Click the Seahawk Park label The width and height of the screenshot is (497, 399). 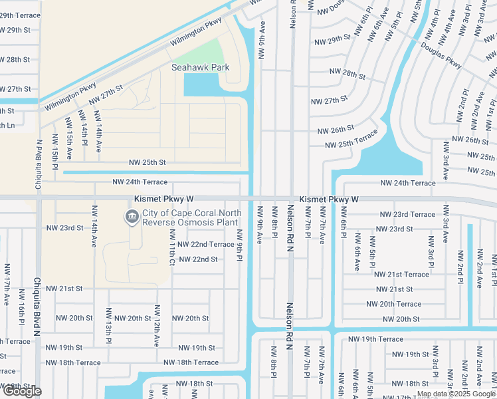[201, 67]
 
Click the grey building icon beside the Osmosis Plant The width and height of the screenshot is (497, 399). [131, 217]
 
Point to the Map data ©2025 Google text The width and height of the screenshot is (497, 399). [455, 394]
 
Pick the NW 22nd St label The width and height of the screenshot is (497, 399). [195, 259]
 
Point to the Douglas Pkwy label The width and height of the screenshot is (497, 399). [441, 55]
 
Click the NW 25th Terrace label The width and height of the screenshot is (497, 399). [351, 140]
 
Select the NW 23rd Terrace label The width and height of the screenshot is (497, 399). [407, 214]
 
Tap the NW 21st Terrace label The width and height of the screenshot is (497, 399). [401, 274]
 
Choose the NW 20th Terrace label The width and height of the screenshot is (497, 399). [393, 304]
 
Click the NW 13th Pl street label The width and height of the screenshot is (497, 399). [108, 325]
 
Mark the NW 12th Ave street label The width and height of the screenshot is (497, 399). [157, 326]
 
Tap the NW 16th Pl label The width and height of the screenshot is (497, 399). [22, 307]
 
